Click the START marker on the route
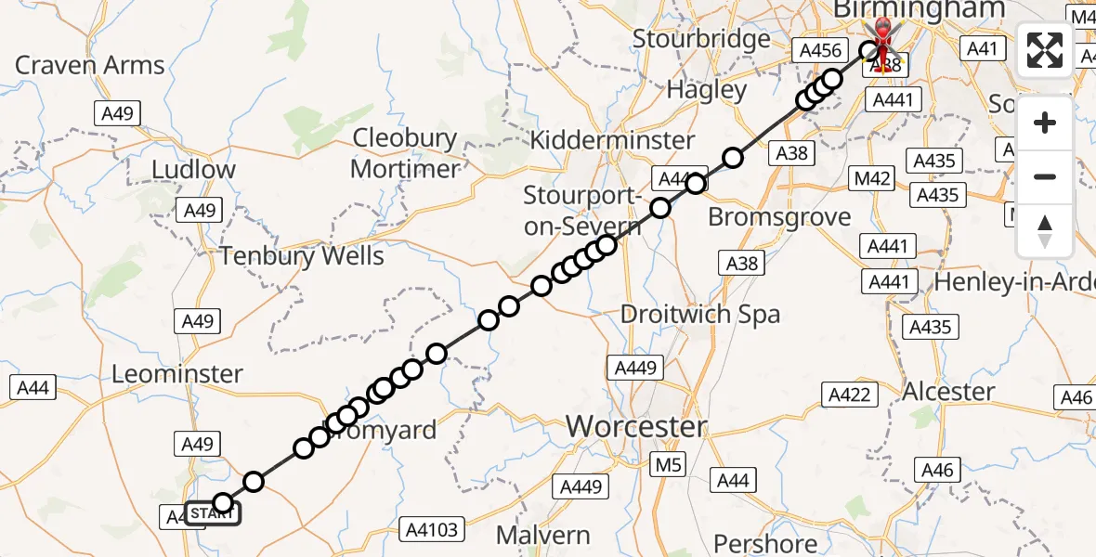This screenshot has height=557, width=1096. (213, 512)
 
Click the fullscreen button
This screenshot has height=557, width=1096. (1045, 49)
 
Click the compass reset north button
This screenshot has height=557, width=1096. (1045, 231)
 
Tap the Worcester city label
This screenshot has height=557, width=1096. (637, 427)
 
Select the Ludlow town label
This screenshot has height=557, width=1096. (193, 170)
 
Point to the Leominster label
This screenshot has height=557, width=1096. (176, 374)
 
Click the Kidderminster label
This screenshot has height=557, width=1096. (612, 140)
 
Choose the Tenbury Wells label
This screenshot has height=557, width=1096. (303, 255)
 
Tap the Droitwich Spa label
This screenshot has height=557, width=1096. (700, 314)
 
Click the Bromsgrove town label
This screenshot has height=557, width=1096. (779, 217)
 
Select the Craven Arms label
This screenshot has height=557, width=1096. (90, 65)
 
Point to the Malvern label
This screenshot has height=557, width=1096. (543, 535)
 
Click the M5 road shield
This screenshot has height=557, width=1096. (667, 463)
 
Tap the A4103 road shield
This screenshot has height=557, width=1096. (433, 530)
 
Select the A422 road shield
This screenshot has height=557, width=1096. (849, 395)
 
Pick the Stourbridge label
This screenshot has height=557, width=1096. (701, 39)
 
